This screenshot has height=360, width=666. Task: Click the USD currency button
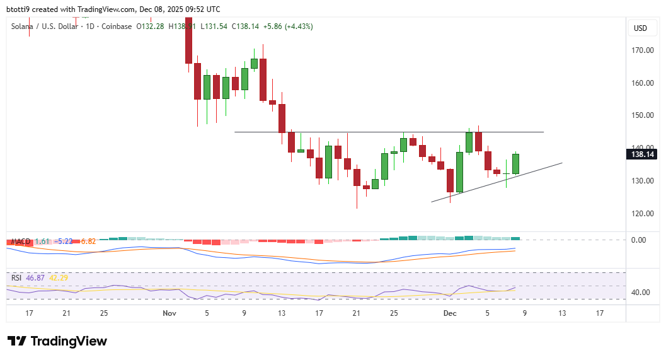(x=641, y=28)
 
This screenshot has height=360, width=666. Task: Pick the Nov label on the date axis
(x=169, y=313)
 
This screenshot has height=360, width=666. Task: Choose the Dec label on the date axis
(x=449, y=313)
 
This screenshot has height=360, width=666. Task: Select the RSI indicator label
(x=17, y=277)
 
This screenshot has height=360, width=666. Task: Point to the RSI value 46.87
(x=38, y=277)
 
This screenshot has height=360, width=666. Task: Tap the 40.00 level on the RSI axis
(x=641, y=293)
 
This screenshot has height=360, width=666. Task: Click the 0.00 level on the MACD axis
(x=638, y=240)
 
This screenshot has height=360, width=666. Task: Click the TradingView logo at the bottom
(x=57, y=341)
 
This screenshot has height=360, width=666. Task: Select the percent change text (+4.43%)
(x=299, y=26)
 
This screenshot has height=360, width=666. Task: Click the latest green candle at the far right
(x=515, y=164)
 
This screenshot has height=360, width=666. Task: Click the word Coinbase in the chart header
(x=117, y=26)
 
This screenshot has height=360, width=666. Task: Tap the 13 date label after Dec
(x=561, y=313)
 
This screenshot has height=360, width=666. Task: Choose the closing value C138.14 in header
(x=246, y=26)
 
